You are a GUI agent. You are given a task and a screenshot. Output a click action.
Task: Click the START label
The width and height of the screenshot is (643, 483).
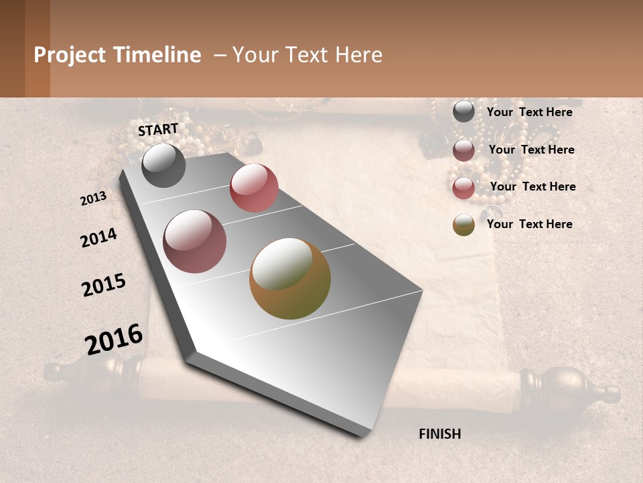click(158, 129)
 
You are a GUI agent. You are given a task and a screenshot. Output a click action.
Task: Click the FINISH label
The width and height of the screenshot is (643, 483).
click(439, 434)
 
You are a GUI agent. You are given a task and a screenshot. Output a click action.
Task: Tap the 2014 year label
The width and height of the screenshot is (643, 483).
click(98, 237)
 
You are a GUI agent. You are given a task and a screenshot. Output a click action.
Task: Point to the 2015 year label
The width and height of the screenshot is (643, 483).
click(104, 285)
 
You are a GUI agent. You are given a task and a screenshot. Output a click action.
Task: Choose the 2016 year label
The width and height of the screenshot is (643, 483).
click(114, 339)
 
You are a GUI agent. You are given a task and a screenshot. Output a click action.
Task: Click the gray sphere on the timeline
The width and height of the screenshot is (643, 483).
click(163, 165)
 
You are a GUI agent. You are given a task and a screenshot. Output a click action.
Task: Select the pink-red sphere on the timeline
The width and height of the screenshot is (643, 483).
click(254, 188)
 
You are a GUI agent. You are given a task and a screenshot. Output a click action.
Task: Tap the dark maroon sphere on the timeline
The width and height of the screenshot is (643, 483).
click(195, 241)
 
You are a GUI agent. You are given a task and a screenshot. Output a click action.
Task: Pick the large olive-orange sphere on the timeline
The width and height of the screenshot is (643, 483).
click(290, 278)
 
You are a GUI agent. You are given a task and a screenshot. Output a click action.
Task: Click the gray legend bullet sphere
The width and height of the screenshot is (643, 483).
click(463, 111)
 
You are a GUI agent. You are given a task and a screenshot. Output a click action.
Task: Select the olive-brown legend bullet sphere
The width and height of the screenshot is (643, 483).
click(463, 225)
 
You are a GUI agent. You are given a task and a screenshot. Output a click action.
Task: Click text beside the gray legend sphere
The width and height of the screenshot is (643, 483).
click(529, 112)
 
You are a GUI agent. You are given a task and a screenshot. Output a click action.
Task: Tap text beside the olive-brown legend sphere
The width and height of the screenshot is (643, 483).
click(529, 224)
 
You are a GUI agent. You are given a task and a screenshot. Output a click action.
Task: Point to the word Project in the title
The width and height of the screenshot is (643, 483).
click(70, 55)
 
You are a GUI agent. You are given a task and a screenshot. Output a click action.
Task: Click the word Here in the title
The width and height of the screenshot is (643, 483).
click(358, 55)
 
